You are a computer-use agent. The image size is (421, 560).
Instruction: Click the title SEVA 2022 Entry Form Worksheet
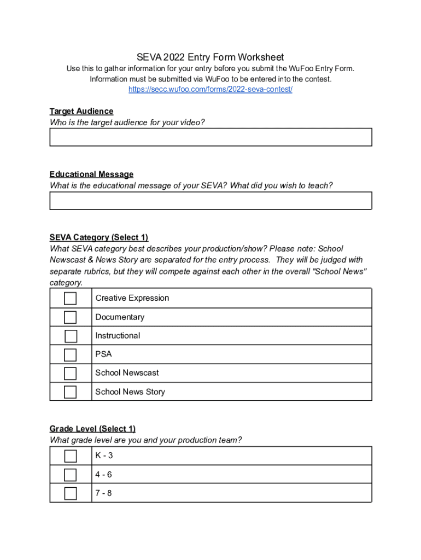210,57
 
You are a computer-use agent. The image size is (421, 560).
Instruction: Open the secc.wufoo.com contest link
210,89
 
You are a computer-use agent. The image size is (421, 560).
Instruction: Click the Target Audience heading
81,111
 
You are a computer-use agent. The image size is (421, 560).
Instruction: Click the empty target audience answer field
210,137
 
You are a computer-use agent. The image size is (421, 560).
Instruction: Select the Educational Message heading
91,174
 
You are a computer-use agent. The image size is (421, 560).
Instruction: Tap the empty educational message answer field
210,201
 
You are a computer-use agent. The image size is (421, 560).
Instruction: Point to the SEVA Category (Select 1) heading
99,237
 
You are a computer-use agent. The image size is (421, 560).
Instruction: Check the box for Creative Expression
70,299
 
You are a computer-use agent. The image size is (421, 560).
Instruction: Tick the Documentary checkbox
70,317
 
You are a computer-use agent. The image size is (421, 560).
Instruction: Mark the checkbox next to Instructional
71,336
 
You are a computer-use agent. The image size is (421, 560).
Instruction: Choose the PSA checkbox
70,355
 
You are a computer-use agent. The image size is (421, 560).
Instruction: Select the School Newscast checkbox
70,374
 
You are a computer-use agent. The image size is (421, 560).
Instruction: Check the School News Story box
70,392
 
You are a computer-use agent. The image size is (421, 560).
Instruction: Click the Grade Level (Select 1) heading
92,429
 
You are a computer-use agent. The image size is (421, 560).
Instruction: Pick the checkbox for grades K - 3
71,456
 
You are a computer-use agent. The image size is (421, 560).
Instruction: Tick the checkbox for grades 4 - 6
70,475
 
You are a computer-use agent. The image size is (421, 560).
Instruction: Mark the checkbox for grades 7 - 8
71,493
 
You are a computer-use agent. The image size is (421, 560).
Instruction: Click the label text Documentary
120,317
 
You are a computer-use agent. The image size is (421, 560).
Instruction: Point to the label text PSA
103,354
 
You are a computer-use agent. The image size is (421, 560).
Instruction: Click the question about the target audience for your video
127,122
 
